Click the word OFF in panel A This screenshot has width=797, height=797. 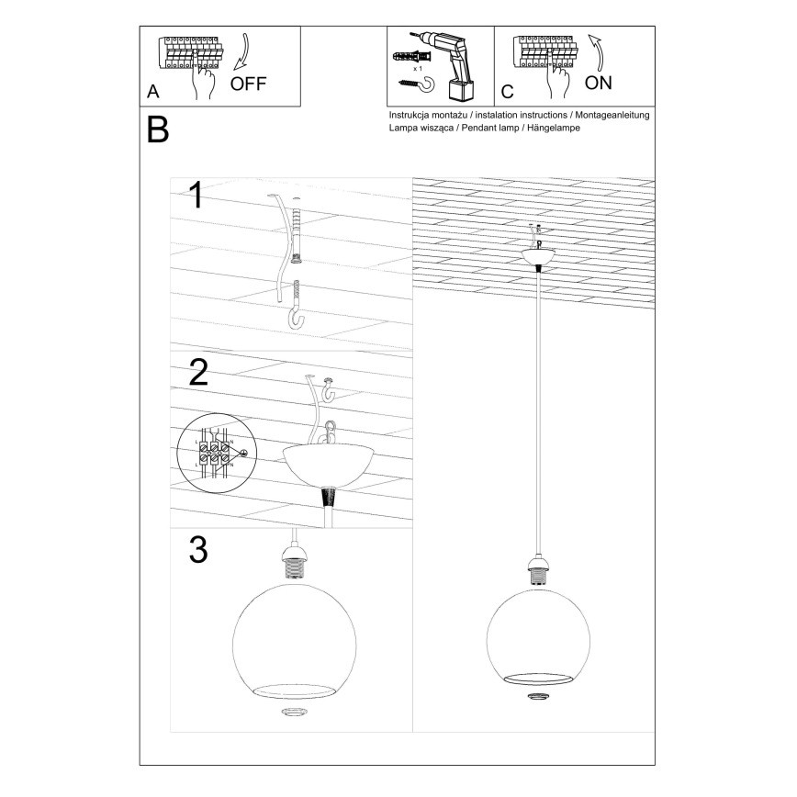[248, 84]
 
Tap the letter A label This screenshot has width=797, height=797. [152, 93]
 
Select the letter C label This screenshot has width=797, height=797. [507, 93]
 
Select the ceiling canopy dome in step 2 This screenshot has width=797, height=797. [329, 463]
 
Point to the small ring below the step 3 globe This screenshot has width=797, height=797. [295, 713]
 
